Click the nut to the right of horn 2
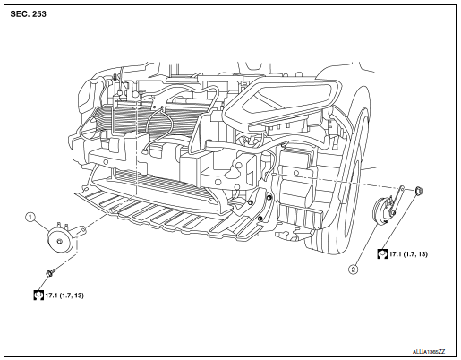coord(420,191)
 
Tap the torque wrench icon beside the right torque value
coord(382,255)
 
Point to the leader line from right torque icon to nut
coord(402,224)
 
